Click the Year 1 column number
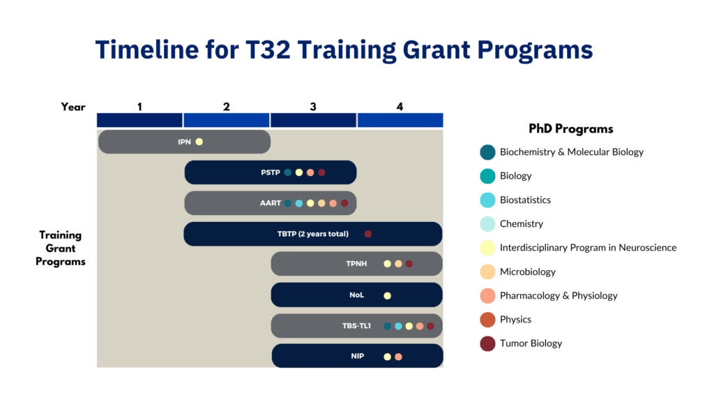139,107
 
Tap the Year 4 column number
400,107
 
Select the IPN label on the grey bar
184,142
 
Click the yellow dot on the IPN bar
199,142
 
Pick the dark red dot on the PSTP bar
321,172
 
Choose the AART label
270,203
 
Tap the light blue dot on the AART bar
298,203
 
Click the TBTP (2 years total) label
312,234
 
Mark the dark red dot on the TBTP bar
368,234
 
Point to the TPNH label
356,264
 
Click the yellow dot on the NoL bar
387,295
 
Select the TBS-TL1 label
356,326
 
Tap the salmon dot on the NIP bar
398,357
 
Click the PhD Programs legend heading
570,129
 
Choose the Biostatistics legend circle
487,200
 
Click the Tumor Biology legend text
531,343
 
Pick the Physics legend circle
487,320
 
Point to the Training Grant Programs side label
61,248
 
